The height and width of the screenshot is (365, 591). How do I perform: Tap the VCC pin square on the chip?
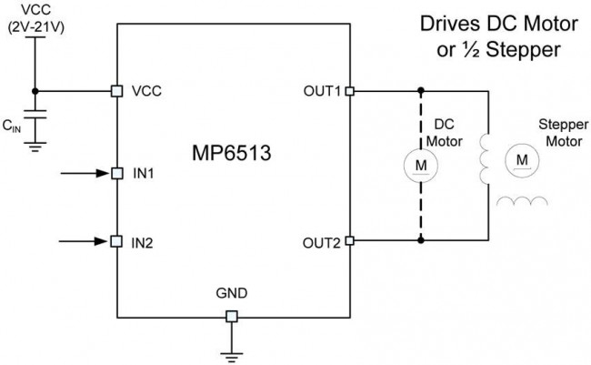click(x=116, y=91)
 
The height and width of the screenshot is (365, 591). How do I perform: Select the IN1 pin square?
click(x=116, y=171)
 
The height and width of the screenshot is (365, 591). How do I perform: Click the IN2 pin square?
click(x=116, y=241)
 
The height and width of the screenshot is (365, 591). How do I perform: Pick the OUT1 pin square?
click(x=350, y=91)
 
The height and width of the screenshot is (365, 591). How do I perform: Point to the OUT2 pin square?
click(x=350, y=241)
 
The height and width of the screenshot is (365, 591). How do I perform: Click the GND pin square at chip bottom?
click(x=232, y=316)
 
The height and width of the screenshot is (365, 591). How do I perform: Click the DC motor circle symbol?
click(x=420, y=165)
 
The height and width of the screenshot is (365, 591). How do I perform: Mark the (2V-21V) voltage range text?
click(x=35, y=28)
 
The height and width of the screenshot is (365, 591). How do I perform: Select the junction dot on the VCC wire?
click(x=35, y=91)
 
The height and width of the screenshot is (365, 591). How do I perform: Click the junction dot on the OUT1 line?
click(x=420, y=91)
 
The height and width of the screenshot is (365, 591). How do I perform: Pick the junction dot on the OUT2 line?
click(x=420, y=241)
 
